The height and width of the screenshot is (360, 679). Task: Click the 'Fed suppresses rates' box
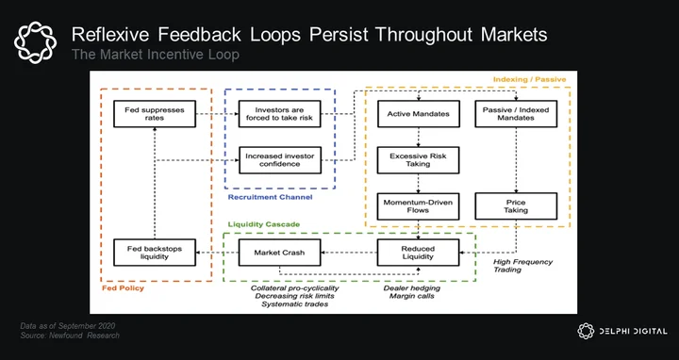[x=155, y=114]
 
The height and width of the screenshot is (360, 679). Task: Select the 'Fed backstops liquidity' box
[x=155, y=253]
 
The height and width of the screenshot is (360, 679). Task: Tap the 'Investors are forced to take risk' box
[x=280, y=114]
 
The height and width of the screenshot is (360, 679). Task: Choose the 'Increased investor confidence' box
[x=280, y=160]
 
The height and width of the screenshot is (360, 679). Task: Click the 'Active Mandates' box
[x=419, y=114]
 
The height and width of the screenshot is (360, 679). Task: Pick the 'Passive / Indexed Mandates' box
[x=516, y=114]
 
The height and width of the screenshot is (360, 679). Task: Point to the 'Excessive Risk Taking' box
[x=419, y=160]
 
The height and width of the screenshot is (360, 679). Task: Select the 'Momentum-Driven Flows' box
[x=419, y=206]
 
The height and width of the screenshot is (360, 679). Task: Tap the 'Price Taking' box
[x=516, y=206]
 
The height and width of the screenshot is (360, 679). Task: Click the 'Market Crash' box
[x=280, y=253]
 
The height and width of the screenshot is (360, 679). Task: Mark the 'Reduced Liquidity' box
[x=419, y=253]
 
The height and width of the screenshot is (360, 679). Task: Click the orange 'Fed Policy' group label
[x=123, y=288]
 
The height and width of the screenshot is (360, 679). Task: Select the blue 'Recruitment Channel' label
[x=270, y=197]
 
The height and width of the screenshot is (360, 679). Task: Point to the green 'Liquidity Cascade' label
[x=264, y=224]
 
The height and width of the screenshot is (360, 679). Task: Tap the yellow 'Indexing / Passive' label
[x=530, y=79]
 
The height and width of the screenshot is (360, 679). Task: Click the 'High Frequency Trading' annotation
[x=523, y=266]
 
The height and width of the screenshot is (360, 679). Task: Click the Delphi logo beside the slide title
[x=35, y=42]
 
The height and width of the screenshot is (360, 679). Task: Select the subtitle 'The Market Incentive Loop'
[x=155, y=55]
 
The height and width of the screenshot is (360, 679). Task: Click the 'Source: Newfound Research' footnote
[x=70, y=335]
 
